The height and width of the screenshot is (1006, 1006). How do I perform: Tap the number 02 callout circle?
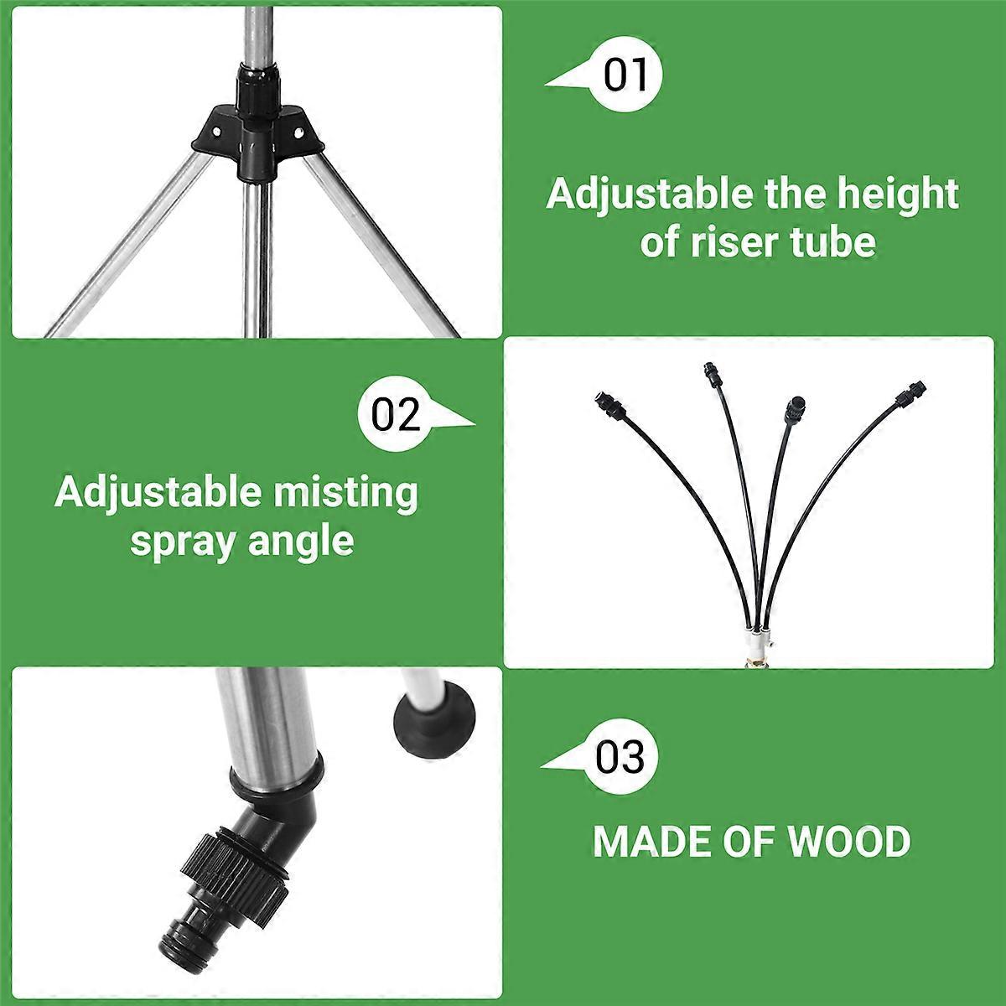coord(395,413)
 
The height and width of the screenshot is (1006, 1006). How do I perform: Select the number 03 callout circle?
coord(620,757)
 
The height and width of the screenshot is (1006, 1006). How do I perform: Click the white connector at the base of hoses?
coord(756,644)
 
